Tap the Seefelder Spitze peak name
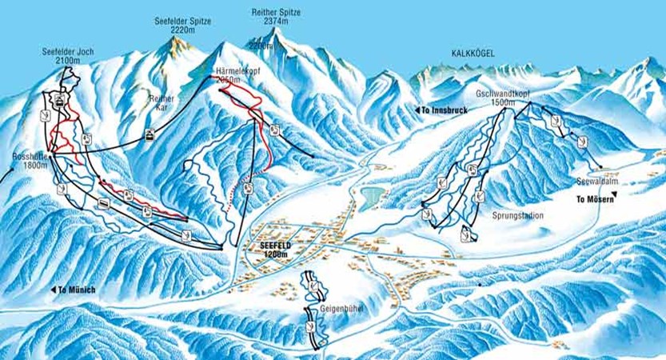point(182,22)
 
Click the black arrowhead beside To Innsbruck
point(417,110)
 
